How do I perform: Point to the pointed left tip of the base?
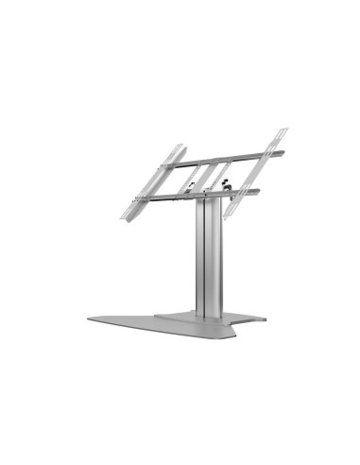pos(91,319)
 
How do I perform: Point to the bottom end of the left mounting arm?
pos(124,216)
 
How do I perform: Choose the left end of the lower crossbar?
pos(140,198)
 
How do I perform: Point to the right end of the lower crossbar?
pos(257,190)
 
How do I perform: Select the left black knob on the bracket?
pos(193,185)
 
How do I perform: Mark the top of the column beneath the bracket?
pos(209,202)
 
